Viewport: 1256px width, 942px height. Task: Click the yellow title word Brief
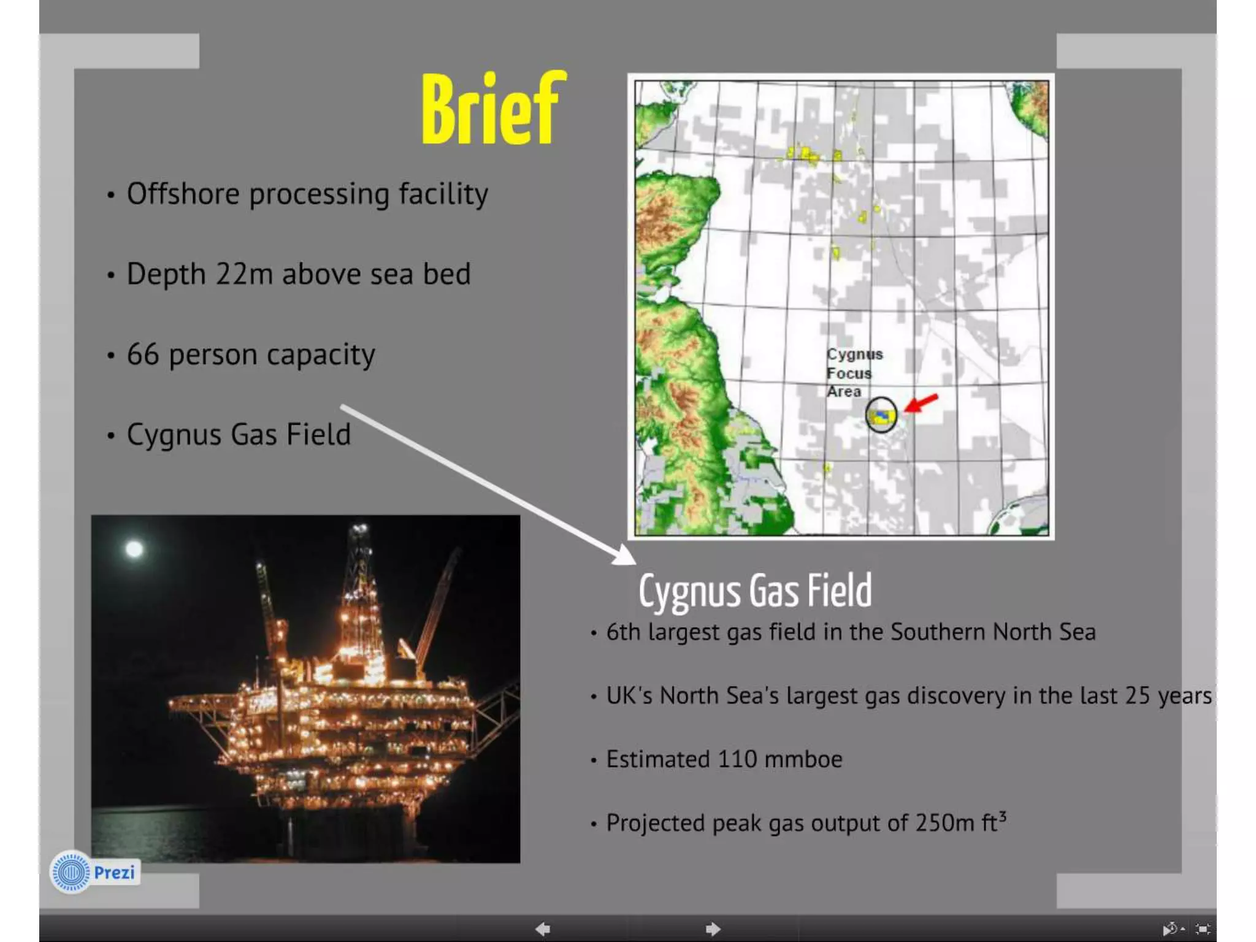coord(494,109)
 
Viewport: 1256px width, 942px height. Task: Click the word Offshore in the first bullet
coord(183,194)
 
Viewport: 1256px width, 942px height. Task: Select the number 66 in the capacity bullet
coord(143,354)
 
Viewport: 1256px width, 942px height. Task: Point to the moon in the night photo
coord(134,548)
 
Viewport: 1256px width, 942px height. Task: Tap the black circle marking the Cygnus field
coord(881,415)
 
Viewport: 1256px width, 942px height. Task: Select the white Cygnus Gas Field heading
coord(755,591)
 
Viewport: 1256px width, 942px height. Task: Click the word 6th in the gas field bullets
coord(623,632)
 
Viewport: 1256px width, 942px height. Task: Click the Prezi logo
coord(95,871)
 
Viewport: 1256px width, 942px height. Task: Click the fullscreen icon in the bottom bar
coord(1203,929)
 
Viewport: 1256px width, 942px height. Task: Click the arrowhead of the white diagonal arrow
coord(626,556)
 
